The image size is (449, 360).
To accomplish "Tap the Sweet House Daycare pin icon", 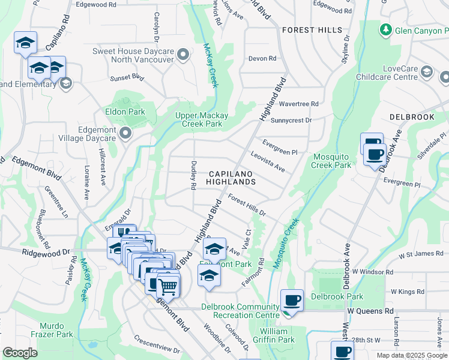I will [x=184, y=56].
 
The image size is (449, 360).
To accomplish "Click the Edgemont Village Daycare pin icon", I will [x=125, y=133].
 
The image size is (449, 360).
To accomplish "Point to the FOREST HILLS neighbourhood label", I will [x=312, y=30].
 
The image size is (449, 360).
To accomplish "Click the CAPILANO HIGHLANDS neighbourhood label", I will [x=232, y=177].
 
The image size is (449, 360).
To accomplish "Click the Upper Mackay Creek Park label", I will [x=199, y=120].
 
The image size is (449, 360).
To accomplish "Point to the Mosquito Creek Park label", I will [x=332, y=161].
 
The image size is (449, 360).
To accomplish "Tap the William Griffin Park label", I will [x=277, y=335].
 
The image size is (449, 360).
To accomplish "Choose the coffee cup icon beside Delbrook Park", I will [x=292, y=299].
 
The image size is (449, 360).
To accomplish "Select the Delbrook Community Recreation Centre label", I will [x=240, y=311].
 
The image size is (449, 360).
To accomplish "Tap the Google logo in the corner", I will [x=20, y=353].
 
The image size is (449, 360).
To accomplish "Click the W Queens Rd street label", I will [x=370, y=311].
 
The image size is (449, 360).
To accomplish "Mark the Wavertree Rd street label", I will [x=298, y=104].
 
